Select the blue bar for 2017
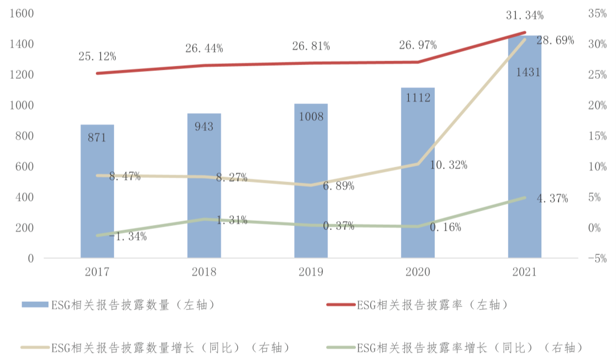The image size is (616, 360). [x=97, y=191]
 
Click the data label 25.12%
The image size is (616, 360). [x=98, y=56]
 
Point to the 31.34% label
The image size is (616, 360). [x=524, y=15]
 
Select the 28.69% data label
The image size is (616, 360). [x=555, y=41]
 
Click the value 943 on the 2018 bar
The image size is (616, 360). [x=204, y=127]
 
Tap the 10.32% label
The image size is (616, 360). [x=448, y=165]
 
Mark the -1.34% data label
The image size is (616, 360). [x=128, y=236]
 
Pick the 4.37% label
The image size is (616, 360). [x=552, y=199]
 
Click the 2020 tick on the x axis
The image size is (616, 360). [x=418, y=273]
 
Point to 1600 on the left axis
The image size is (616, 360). [x=22, y=14]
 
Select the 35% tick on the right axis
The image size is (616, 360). [x=597, y=14]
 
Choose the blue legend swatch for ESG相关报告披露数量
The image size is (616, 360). [x=34, y=305]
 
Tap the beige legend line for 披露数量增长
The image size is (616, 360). [x=34, y=347]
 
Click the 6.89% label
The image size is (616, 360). [x=339, y=187]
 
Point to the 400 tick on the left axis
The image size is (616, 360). [x=25, y=197]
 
